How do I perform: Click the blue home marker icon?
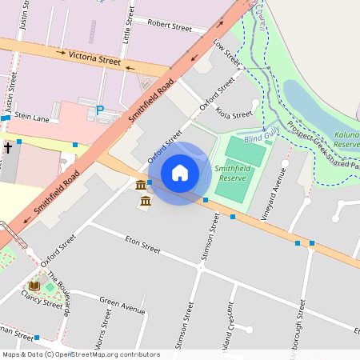coord(180,173)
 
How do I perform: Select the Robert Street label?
coord(170,26)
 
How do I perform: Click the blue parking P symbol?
coord(100,110)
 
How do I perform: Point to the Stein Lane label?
coord(32,118)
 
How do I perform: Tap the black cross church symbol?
coord(9,147)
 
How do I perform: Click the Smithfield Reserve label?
coord(232,174)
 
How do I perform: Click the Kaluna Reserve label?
coord(346,140)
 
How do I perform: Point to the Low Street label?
coord(227,54)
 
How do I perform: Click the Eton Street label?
coord(143,244)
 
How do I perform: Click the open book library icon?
coord(34,285)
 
